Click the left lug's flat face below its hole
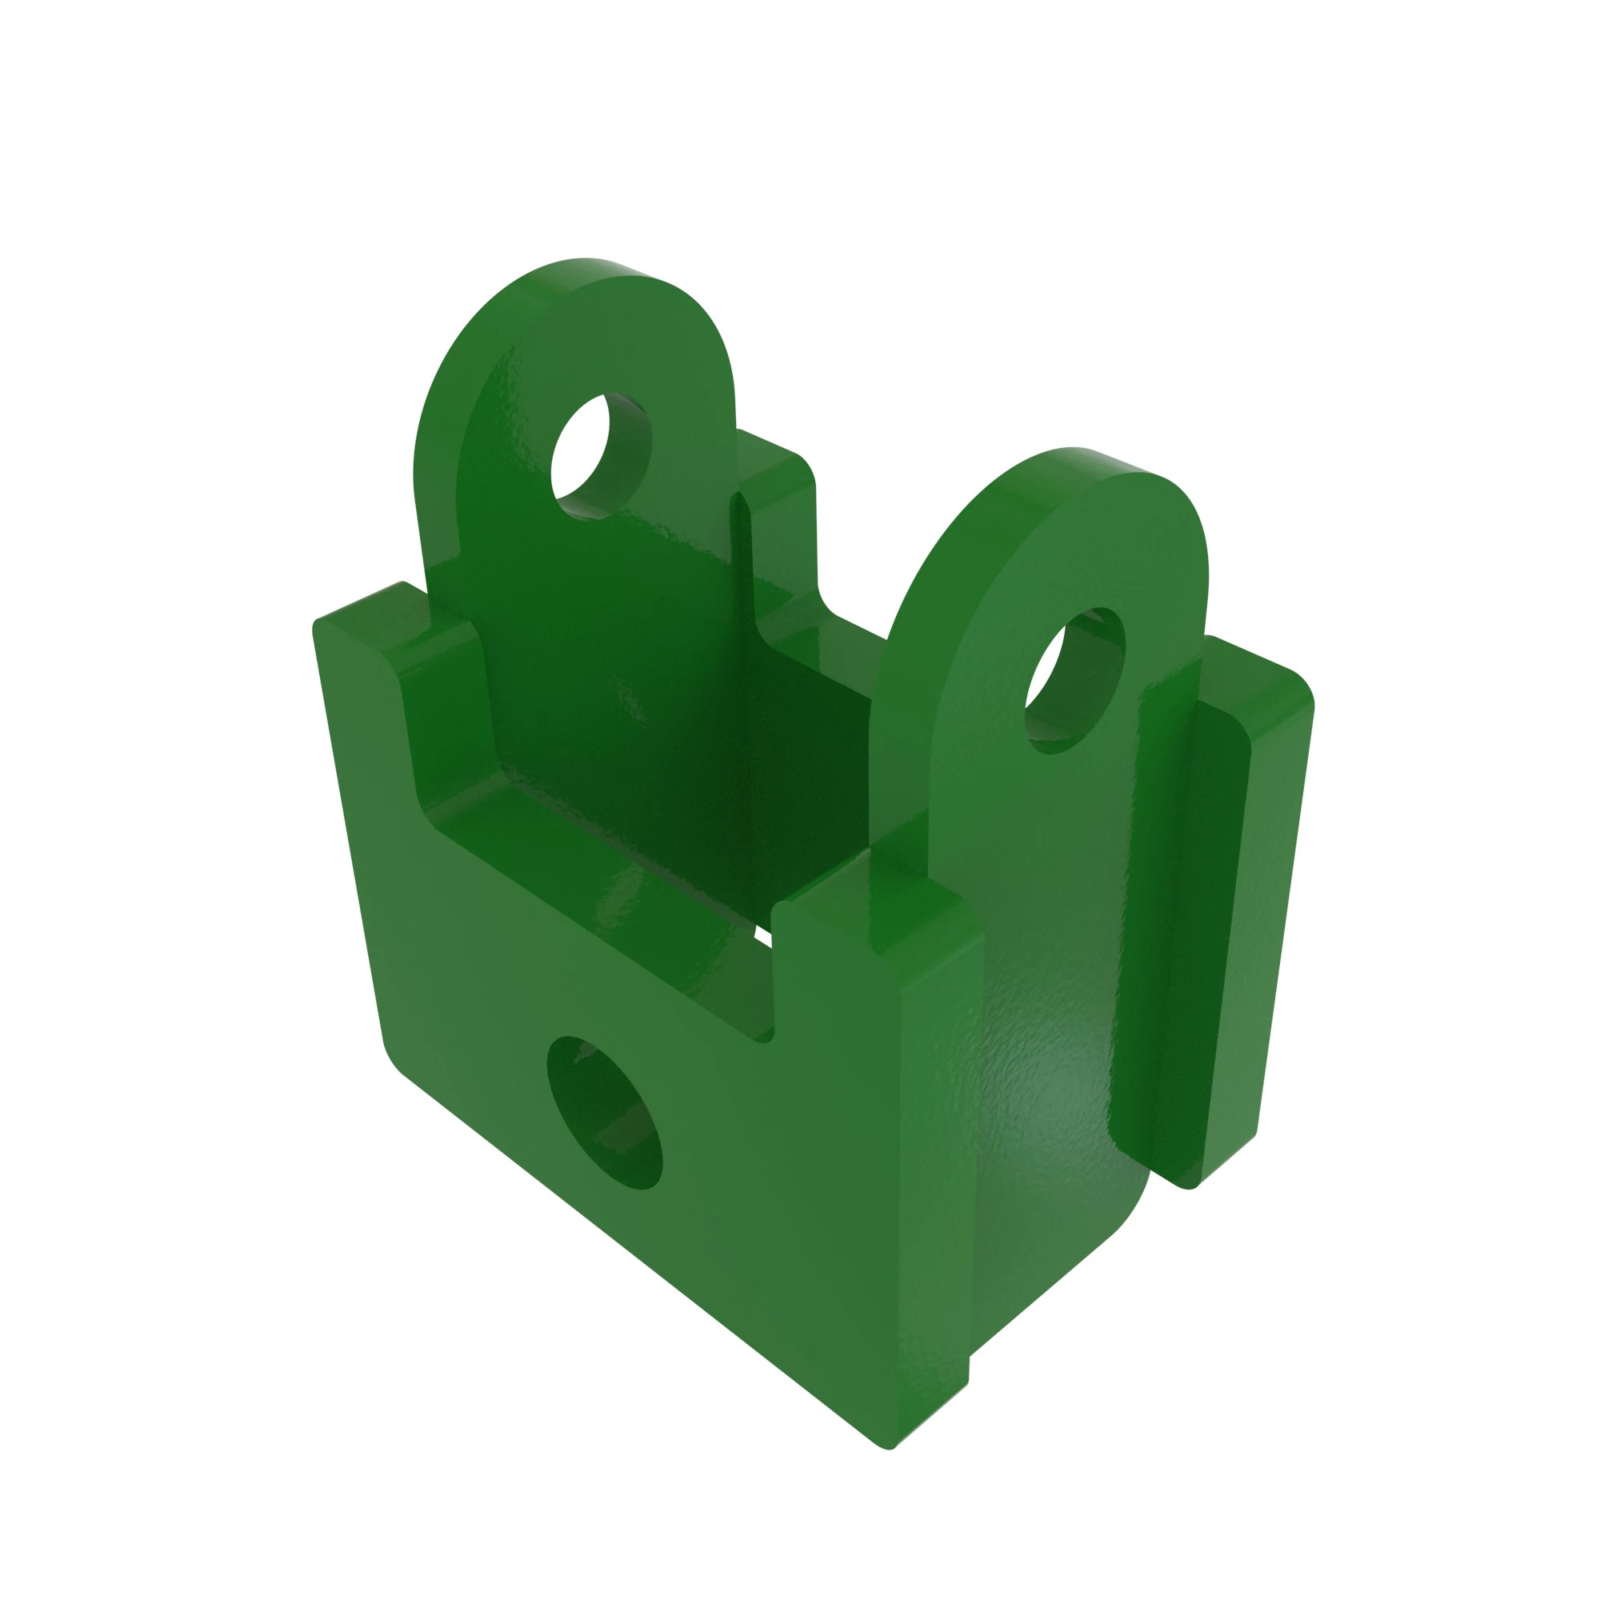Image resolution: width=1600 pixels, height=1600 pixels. tap(596, 630)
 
